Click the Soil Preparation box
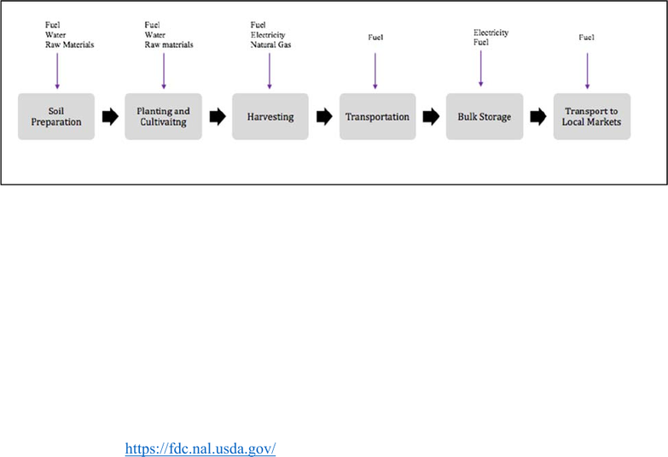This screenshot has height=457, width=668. (x=56, y=116)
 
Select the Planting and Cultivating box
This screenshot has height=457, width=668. (x=163, y=116)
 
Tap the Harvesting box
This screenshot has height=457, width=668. (x=270, y=116)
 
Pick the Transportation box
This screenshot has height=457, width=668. (x=377, y=116)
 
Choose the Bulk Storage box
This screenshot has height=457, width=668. (x=485, y=116)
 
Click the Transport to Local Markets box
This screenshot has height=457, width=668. (x=592, y=116)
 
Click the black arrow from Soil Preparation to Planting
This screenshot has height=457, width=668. (x=110, y=116)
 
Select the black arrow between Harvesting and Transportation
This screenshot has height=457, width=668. (x=324, y=116)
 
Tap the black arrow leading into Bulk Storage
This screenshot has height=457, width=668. (x=431, y=116)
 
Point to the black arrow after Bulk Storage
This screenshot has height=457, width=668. (x=538, y=116)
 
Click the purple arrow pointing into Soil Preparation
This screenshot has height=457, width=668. (x=57, y=71)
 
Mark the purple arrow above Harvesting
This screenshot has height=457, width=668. (x=270, y=71)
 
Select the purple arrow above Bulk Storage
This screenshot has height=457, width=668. (x=480, y=68)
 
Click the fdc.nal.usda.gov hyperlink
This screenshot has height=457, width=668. (x=200, y=448)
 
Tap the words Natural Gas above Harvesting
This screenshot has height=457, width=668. (x=270, y=44)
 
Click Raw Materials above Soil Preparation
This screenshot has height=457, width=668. (x=69, y=44)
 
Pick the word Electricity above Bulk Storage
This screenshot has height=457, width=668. (x=491, y=32)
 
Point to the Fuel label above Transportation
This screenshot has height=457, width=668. (x=375, y=37)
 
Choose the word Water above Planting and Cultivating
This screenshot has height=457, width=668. (x=154, y=34)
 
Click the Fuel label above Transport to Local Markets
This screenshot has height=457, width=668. (x=586, y=37)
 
